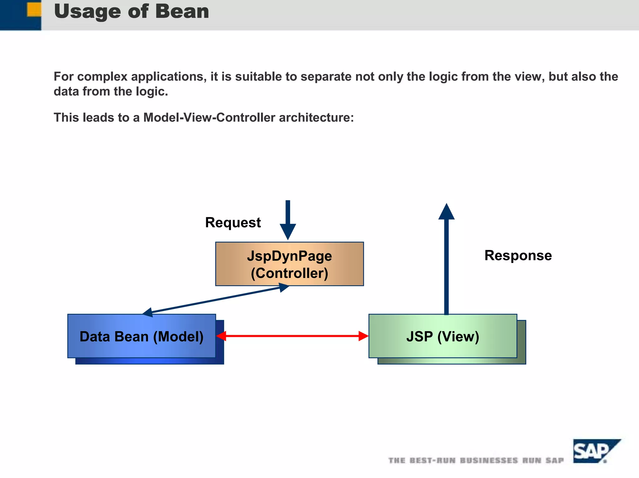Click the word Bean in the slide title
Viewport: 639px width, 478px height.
tap(182, 12)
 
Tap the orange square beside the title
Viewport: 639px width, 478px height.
tap(34, 9)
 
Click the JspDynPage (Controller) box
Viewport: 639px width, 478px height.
tap(289, 264)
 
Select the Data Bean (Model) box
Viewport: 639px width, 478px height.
tap(141, 336)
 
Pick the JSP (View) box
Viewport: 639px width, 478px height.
tap(442, 336)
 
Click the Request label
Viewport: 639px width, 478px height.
tap(233, 222)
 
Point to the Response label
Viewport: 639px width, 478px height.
tap(518, 256)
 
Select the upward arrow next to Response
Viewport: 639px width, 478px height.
tap(446, 259)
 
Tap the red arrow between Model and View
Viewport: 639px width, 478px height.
tap(292, 336)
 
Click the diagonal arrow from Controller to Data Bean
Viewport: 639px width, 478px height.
tap(215, 300)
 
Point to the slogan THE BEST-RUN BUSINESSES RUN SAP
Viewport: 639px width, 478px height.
tap(476, 461)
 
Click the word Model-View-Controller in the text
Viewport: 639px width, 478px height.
tap(209, 118)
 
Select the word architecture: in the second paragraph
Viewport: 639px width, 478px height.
tap(316, 118)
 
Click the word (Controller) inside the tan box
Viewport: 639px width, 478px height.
tap(289, 273)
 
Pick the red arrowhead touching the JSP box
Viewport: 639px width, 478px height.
tap(363, 336)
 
